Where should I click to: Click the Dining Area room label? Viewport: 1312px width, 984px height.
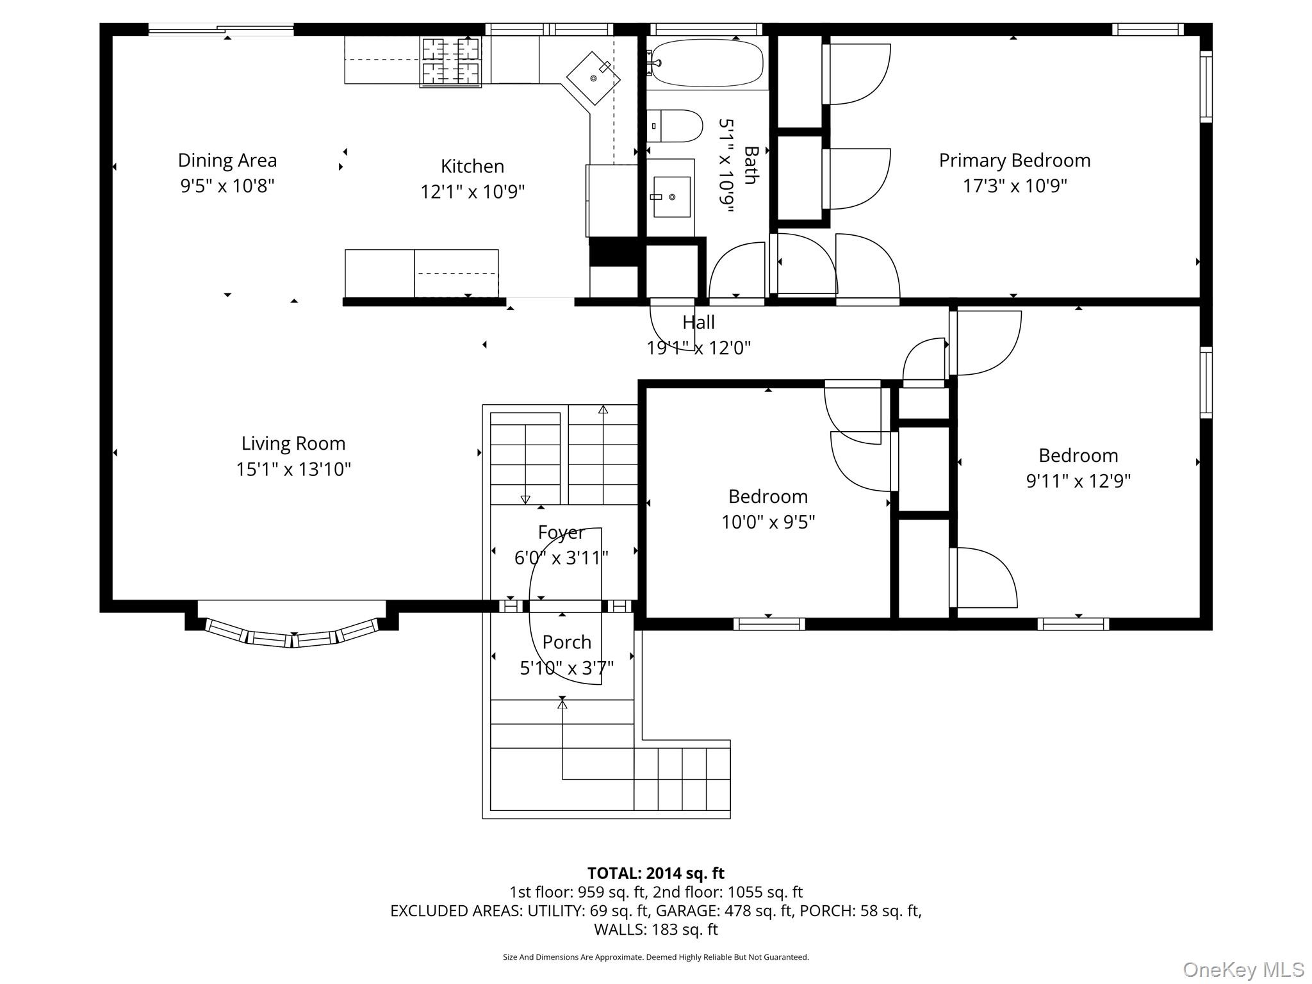(x=227, y=160)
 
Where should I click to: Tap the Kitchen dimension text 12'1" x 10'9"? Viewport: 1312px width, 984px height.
(x=473, y=192)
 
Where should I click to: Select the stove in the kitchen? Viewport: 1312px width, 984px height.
(x=450, y=61)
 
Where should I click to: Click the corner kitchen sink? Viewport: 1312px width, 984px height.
(x=593, y=78)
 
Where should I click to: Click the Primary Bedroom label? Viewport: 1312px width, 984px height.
(x=1015, y=160)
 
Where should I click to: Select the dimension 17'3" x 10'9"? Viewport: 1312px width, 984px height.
(x=1015, y=186)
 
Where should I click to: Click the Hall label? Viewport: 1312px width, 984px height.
(x=698, y=322)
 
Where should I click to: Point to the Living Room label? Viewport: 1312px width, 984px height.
(x=293, y=443)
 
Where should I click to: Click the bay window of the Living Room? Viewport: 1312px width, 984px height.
(x=292, y=632)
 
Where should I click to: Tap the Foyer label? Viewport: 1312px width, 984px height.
(x=561, y=533)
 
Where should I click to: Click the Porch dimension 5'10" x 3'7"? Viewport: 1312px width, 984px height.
(x=566, y=668)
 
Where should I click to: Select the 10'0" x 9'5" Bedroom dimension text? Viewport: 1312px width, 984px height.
(x=768, y=522)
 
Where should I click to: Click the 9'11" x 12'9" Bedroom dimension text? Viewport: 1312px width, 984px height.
(x=1079, y=481)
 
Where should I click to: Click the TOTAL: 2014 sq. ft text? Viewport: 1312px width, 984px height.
(x=656, y=873)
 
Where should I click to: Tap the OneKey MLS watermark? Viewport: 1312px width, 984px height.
(x=1243, y=969)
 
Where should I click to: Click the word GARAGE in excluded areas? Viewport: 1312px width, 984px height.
(x=688, y=911)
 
